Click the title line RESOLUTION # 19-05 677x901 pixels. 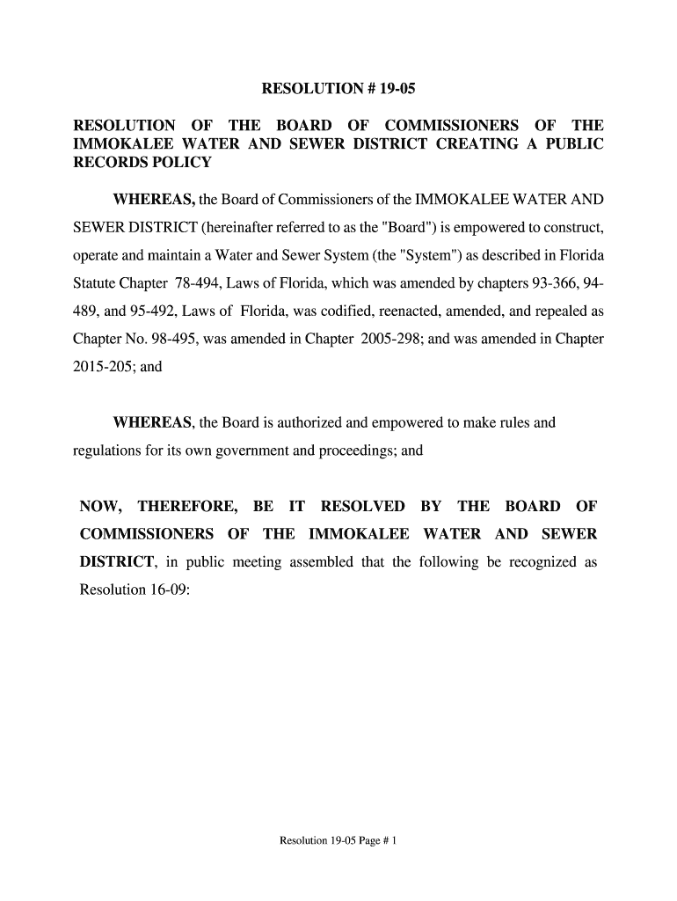(x=338, y=90)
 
